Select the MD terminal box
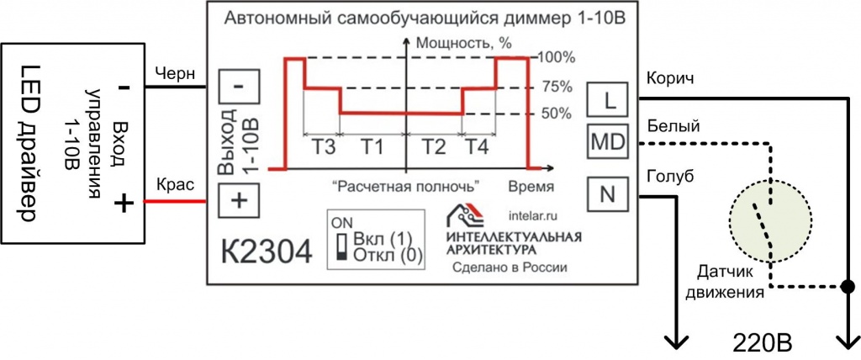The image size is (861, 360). coord(608,142)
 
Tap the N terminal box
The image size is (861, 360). coord(608,195)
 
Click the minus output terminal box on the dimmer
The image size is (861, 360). coord(239,87)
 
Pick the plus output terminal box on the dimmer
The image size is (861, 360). coord(239,201)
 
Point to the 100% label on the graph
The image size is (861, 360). coord(557,57)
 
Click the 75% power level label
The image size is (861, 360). coord(557,87)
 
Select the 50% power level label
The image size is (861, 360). coord(555,114)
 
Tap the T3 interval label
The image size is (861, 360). coord(325,147)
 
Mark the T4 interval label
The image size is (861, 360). coord(478,147)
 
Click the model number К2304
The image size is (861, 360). coord(267,253)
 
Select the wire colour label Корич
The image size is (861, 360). coord(670,77)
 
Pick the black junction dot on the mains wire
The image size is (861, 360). coord(848,286)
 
